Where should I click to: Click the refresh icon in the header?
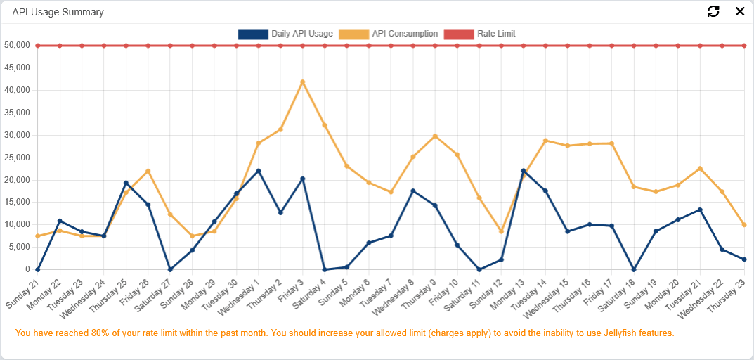tap(713, 11)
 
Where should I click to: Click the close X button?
tap(739, 11)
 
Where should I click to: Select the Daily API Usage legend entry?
tap(285, 34)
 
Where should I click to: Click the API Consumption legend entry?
tap(389, 34)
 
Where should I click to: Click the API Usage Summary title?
tap(58, 12)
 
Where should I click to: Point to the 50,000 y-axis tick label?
tap(17, 46)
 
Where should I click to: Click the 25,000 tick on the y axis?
tap(17, 157)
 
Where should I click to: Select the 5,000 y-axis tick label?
tap(19, 247)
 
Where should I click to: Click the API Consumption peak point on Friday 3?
tap(303, 82)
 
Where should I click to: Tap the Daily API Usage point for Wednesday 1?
tap(259, 171)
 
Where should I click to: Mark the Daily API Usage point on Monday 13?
tap(524, 171)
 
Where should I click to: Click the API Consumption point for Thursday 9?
tap(435, 136)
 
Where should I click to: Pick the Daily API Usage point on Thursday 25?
tap(126, 183)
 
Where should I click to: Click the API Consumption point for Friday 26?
tap(148, 171)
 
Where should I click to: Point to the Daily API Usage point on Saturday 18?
tap(634, 269)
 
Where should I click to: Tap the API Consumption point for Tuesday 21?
tap(700, 169)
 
